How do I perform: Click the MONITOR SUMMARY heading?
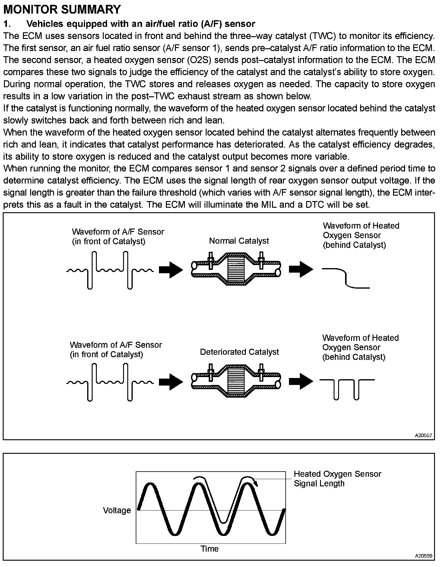62,9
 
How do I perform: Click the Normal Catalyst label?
239,241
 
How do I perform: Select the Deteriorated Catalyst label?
239,352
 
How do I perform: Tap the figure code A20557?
423,435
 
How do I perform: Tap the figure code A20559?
423,556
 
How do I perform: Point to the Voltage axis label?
117,510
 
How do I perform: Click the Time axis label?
210,549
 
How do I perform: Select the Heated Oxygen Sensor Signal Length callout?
337,479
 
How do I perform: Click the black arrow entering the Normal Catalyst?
171,269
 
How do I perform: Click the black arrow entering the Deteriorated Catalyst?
171,382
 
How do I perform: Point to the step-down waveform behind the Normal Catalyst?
346,278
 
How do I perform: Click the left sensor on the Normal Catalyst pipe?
211,260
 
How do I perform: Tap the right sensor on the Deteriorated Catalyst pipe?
261,372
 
